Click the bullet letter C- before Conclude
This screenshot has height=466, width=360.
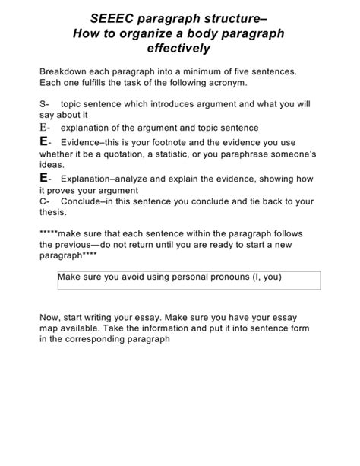pos(44,201)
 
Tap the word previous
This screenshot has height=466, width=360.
pos(76,246)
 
